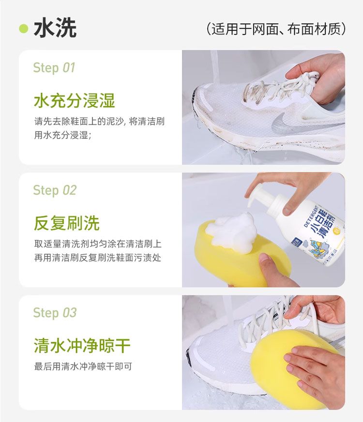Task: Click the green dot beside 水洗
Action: [24, 29]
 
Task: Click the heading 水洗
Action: [55, 28]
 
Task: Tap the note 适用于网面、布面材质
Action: [276, 29]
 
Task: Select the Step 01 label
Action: [54, 68]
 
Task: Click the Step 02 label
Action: [55, 190]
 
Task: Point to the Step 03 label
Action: [55, 313]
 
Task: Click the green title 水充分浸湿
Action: [75, 101]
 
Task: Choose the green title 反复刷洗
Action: [67, 223]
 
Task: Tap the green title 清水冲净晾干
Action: [82, 346]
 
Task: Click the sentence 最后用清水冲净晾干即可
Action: [83, 366]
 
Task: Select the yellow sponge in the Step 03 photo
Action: [294, 368]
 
